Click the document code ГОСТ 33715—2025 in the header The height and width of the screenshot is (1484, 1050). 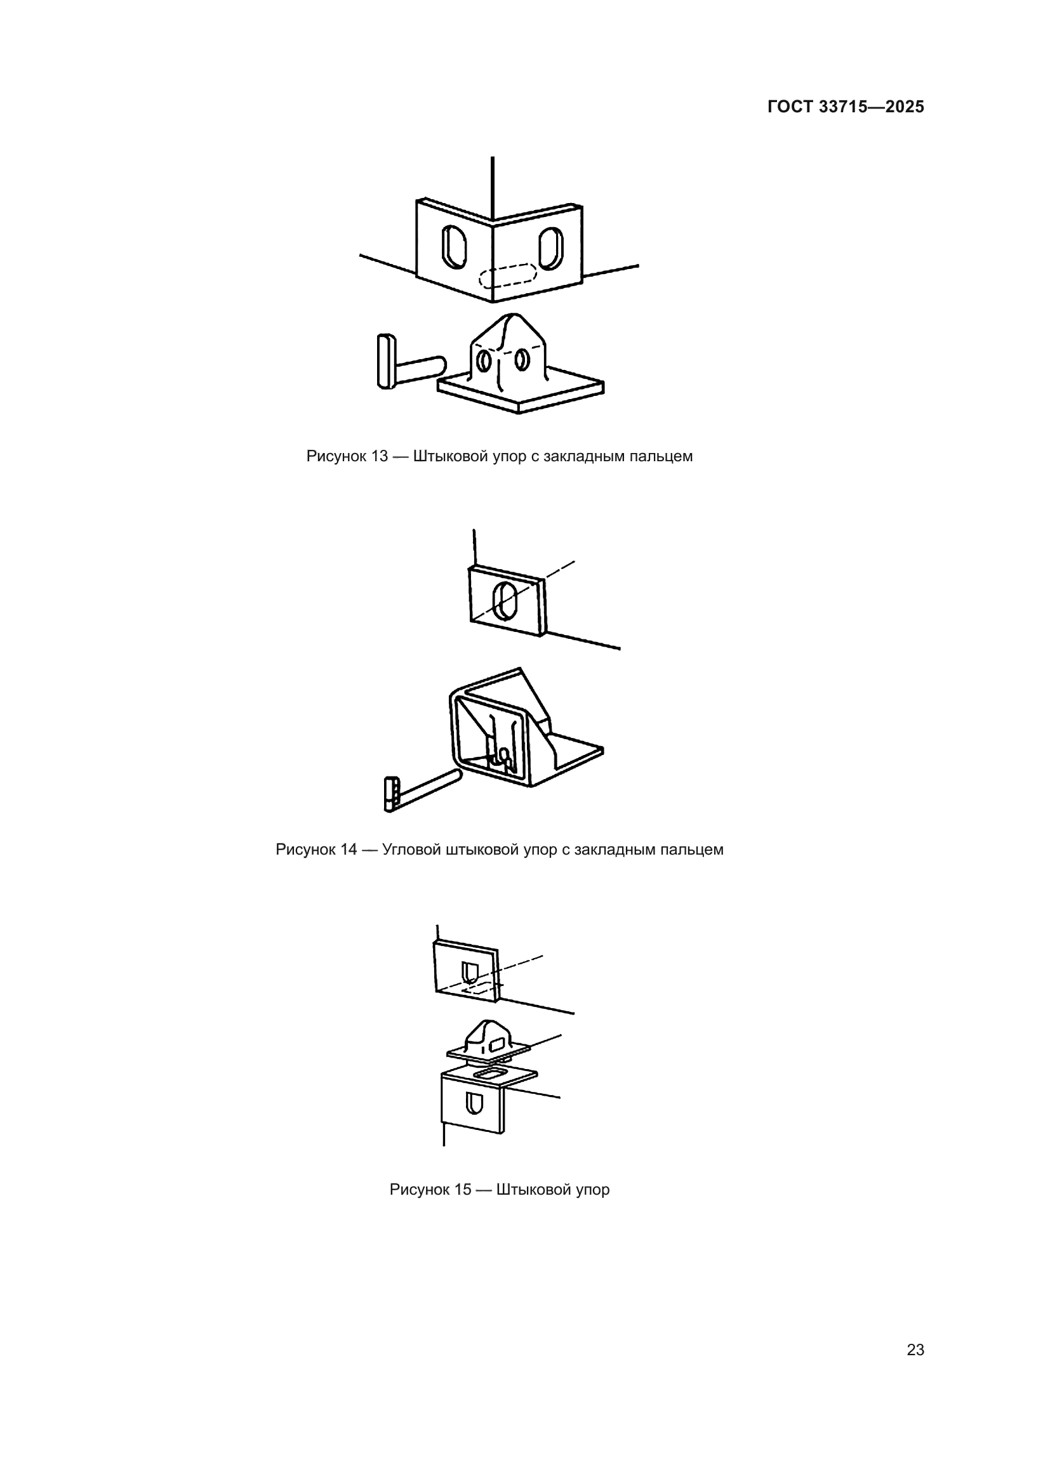point(846,107)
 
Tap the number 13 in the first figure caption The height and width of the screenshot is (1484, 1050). point(380,456)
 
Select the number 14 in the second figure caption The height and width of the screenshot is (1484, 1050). point(349,850)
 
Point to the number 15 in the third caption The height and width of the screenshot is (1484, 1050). point(463,1189)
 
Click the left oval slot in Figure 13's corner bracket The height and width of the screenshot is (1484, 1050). point(454,246)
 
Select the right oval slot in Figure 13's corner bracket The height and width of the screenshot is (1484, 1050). point(551,248)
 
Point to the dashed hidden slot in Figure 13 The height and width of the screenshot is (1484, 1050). point(508,276)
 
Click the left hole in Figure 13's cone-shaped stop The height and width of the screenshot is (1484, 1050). point(482,360)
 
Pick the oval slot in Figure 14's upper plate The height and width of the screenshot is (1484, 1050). point(503,600)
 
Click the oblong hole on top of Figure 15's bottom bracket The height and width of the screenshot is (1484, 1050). point(490,1074)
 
